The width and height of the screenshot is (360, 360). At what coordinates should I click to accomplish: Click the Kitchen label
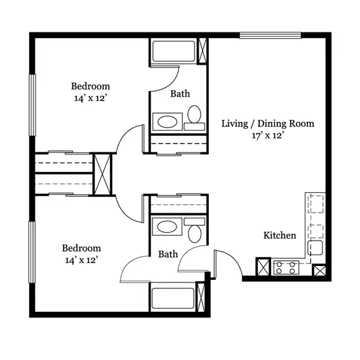click(279, 236)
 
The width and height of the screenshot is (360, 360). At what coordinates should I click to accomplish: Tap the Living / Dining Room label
click(268, 124)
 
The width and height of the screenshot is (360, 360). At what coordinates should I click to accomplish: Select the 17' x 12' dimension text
click(267, 135)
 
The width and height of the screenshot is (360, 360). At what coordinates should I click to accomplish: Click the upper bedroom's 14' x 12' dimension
click(90, 98)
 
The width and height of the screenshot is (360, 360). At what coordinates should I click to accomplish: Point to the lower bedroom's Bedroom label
click(81, 248)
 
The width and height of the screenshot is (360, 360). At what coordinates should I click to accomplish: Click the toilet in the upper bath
click(194, 118)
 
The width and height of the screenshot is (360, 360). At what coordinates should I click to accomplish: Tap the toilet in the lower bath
click(194, 230)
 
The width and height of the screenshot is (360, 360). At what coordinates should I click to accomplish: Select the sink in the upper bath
click(168, 122)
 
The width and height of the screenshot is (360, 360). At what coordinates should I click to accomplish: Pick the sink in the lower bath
click(168, 227)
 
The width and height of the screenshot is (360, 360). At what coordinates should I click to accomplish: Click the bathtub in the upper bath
click(174, 51)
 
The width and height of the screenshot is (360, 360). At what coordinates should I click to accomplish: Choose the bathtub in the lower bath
click(173, 298)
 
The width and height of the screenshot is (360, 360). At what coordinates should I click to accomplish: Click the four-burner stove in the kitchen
click(286, 268)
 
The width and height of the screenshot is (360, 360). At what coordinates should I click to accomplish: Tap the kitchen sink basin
click(315, 248)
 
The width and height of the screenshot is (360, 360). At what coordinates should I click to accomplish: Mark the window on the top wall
click(270, 36)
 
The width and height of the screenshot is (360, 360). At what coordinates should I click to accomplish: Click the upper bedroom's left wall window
click(32, 105)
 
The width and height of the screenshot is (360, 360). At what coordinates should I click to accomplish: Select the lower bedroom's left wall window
click(32, 252)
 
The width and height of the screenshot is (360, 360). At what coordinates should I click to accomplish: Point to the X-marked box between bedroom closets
click(102, 175)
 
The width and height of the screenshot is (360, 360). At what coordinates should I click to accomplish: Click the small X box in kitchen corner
click(319, 270)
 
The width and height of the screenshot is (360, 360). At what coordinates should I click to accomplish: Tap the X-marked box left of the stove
click(263, 267)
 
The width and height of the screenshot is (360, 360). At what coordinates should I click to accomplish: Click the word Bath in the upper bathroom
click(180, 94)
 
